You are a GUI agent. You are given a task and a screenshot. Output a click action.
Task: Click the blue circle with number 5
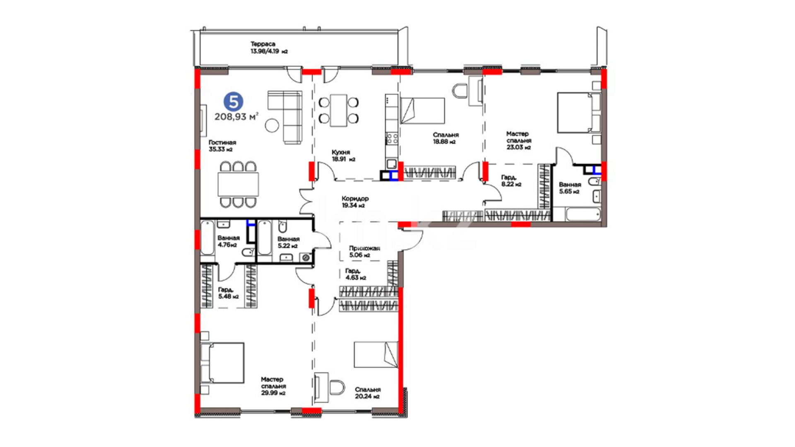[x=234, y=102]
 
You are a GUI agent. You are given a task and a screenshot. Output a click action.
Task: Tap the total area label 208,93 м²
[x=236, y=117]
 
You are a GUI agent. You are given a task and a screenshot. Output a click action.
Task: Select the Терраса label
[x=263, y=44]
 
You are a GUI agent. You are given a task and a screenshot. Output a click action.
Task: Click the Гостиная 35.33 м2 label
[x=222, y=146]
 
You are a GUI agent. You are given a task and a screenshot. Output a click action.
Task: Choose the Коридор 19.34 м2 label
[x=355, y=202]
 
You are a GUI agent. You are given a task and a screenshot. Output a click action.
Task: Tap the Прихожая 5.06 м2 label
[x=364, y=252]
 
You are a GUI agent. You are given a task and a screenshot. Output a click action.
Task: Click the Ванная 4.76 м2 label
[x=228, y=241]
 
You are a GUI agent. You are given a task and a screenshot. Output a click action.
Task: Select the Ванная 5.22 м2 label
[x=288, y=242]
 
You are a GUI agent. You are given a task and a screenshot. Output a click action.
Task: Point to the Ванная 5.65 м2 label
[x=570, y=188]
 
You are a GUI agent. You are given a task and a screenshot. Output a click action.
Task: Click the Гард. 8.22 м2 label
[x=511, y=181]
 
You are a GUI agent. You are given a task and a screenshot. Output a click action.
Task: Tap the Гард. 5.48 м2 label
[x=228, y=293]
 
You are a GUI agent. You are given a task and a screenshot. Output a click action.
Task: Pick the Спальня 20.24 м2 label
[x=367, y=393]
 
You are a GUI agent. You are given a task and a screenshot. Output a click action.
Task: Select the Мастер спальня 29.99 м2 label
[x=273, y=386]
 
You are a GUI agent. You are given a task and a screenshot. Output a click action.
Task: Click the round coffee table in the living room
[x=272, y=125]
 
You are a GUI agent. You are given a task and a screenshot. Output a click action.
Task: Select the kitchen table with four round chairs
[x=338, y=111]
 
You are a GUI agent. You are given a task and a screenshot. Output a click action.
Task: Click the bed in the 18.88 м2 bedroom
[x=422, y=111]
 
